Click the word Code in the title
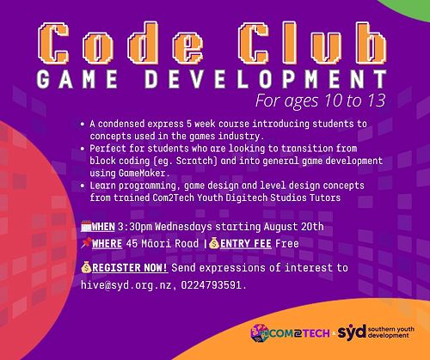click(x=120, y=43)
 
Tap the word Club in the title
click(x=313, y=43)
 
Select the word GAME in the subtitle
click(x=77, y=79)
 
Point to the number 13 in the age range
click(x=376, y=101)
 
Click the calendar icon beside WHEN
click(x=86, y=226)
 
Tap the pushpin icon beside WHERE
click(x=86, y=243)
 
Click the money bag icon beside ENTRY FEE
click(x=214, y=243)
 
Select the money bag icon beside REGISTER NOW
click(x=86, y=267)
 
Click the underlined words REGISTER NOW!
click(x=130, y=268)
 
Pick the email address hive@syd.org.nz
click(x=126, y=285)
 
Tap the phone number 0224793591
click(x=212, y=285)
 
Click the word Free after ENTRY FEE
click(x=287, y=243)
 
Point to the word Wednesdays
click(x=183, y=227)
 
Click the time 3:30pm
click(x=135, y=227)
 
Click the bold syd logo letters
click(x=352, y=333)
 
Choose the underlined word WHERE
click(x=107, y=244)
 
